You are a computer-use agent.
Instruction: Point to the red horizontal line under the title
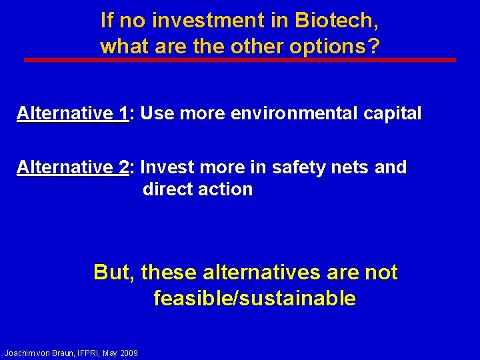(240, 60)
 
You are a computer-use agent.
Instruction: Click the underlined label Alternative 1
(73, 113)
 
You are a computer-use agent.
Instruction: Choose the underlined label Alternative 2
(73, 167)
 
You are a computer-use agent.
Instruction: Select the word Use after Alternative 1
(157, 113)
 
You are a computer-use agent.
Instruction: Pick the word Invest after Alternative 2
(169, 167)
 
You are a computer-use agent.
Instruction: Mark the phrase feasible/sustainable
(255, 298)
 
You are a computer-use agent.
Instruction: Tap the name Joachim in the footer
(21, 352)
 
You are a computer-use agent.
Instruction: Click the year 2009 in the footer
(129, 352)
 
